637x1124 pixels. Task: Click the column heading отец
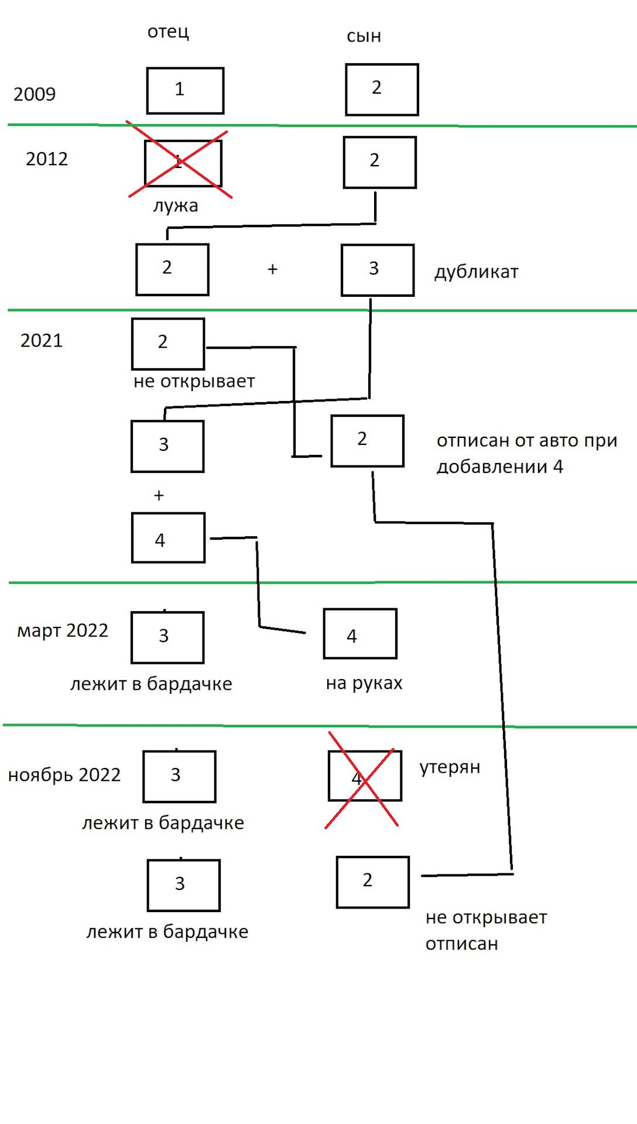[x=168, y=32]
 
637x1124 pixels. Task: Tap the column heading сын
[x=364, y=36]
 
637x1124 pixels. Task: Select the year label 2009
[x=35, y=94]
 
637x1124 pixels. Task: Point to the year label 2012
[x=47, y=159]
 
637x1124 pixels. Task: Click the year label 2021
[x=42, y=341]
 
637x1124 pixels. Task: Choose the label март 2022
[x=63, y=631]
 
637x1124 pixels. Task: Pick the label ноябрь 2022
[x=64, y=775]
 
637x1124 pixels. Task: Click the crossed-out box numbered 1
[x=183, y=163]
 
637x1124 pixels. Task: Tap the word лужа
[x=176, y=206]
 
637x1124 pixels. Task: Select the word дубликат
[x=476, y=272]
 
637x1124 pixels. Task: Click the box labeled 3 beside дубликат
[x=378, y=270]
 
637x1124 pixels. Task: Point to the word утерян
[x=450, y=767]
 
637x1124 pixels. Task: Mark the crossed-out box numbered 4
[x=365, y=776]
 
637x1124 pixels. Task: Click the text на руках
[x=364, y=683]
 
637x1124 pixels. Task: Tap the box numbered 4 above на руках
[x=360, y=634]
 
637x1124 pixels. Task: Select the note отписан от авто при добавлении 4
[x=526, y=454]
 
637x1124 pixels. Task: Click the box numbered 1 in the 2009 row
[x=185, y=91]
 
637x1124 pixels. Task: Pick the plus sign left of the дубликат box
[x=272, y=269]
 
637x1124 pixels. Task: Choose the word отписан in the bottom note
[x=461, y=944]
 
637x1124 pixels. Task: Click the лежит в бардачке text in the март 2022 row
[x=151, y=684]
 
